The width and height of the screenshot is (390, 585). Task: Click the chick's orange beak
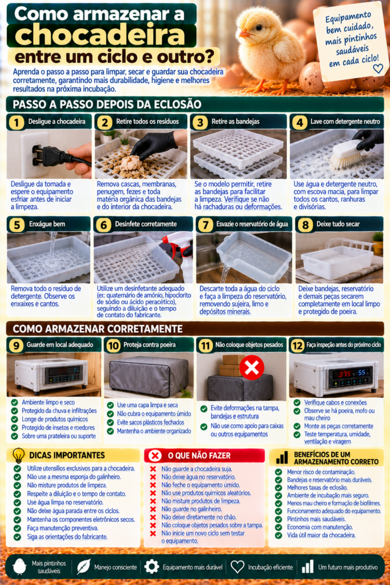pos(244,34)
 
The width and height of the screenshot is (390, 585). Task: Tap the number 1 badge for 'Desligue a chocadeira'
pos(16,122)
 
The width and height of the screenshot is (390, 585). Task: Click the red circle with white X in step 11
pos(252,367)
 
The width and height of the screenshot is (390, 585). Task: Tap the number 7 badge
pos(205,225)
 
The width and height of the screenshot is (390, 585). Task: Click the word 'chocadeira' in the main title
pos(100,35)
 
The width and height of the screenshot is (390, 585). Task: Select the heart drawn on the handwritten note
pos(378,69)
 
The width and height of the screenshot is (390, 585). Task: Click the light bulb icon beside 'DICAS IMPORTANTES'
pos(18,455)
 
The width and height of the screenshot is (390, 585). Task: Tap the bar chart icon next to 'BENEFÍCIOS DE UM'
pos(282,457)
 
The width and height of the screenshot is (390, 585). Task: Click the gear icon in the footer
pos(152,566)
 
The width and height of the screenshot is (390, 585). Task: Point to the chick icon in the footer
pos(19,566)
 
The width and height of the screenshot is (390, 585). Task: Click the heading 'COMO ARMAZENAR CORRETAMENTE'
pos(98,328)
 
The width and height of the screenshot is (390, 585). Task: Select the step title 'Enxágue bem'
pos(46,224)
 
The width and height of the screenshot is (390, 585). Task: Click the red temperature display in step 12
pos(344,374)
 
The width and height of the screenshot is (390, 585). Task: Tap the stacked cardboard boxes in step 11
pos(232,366)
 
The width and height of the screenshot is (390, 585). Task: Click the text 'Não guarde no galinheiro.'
pos(192,509)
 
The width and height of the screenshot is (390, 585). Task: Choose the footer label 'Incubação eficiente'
pos(270,567)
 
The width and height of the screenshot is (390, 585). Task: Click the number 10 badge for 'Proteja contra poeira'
pos(113,346)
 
